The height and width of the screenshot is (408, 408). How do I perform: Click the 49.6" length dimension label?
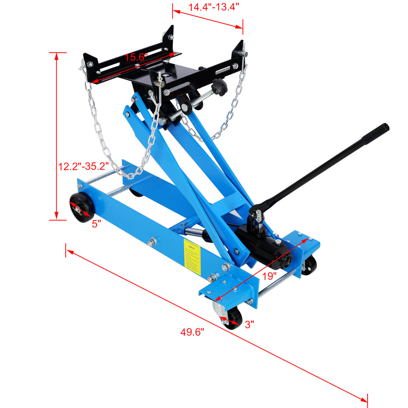193,332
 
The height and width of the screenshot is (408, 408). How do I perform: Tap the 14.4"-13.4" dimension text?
213,7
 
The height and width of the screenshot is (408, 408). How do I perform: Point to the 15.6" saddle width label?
136,57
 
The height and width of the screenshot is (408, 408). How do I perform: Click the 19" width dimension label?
270,276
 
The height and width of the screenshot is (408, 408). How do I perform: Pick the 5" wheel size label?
96,224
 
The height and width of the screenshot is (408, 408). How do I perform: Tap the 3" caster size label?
249,325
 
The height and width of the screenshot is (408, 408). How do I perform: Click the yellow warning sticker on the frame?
192,257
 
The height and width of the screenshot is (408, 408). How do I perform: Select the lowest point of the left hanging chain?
128,175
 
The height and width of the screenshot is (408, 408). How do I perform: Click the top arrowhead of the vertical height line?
56,56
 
